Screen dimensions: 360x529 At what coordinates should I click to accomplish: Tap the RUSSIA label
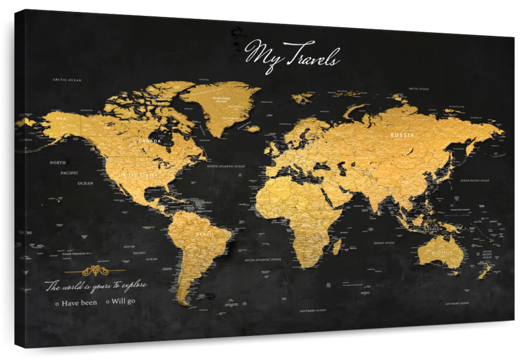tap(402, 135)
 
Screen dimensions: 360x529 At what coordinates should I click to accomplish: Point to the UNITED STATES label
tap(138, 175)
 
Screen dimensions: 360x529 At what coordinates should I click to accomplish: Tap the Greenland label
tap(221, 98)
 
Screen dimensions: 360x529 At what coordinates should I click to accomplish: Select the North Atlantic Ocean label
tap(226, 166)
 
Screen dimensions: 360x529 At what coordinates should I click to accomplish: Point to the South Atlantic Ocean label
tap(263, 260)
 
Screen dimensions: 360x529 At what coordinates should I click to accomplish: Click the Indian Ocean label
tap(384, 243)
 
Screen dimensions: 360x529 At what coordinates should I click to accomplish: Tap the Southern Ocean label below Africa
tap(313, 311)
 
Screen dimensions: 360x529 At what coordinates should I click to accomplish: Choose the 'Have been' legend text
tap(79, 303)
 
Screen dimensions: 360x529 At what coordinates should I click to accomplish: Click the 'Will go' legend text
tap(123, 301)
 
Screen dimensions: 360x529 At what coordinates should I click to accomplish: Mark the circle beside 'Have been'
tap(57, 304)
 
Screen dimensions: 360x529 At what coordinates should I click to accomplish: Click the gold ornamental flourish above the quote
tap(95, 270)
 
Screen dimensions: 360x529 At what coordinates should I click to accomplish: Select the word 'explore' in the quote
tap(134, 285)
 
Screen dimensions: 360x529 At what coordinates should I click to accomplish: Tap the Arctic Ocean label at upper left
tap(67, 80)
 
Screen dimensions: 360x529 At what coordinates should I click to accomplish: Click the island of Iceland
tap(253, 129)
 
